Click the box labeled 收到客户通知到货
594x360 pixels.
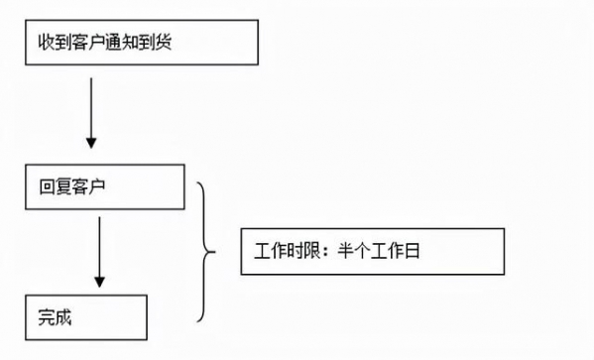pos(143,44)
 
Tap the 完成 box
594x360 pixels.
pos(86,317)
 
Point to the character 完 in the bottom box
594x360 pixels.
pos(46,318)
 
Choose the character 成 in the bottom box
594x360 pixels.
pos(62,318)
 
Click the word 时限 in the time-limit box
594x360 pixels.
pos(293,253)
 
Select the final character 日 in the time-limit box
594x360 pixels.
pos(413,253)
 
